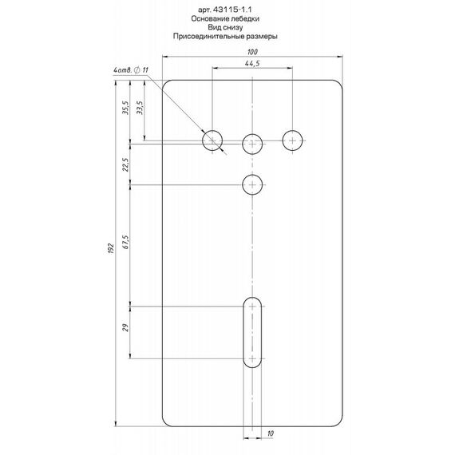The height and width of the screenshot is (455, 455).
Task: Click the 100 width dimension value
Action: (252, 52)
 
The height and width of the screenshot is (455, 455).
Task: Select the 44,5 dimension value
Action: (252, 64)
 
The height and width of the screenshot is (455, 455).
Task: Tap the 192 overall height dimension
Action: (111, 249)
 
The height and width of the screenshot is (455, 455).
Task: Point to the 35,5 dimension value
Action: (125, 108)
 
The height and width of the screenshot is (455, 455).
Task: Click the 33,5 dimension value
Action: (140, 108)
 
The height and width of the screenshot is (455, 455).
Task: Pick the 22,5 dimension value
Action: (125, 164)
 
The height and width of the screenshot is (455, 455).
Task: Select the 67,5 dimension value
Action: (125, 242)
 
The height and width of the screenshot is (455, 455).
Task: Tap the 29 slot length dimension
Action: (125, 328)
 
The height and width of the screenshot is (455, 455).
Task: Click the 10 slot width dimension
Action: (271, 433)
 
